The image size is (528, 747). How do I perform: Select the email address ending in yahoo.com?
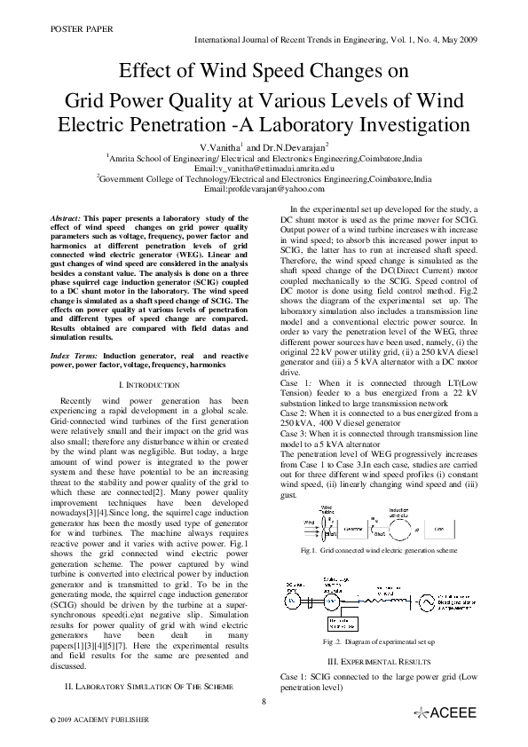pos(264,189)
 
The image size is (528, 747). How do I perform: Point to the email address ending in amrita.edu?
pos(264,167)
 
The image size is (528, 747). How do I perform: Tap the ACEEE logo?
pos(447,713)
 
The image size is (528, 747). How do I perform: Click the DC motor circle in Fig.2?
pos(292,601)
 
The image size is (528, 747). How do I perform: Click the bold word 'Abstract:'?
pos(65,217)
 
